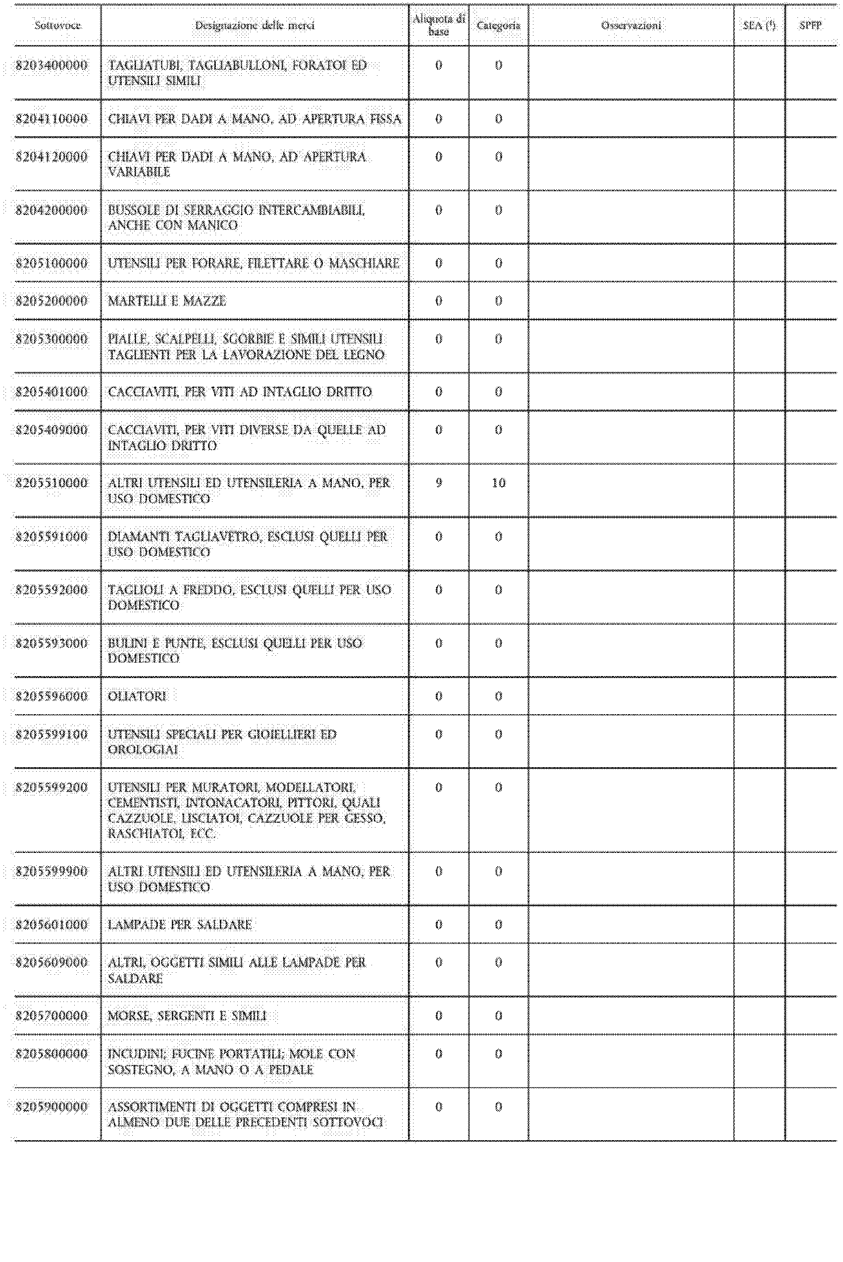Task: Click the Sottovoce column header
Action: pyautogui.click(x=57, y=25)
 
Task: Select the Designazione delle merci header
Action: pyautogui.click(x=254, y=25)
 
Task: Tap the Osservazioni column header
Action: pyautogui.click(x=631, y=25)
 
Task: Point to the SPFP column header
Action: pyautogui.click(x=810, y=25)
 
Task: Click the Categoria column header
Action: pyautogui.click(x=498, y=25)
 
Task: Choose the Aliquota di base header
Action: pyautogui.click(x=439, y=25)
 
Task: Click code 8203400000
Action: pyautogui.click(x=52, y=65)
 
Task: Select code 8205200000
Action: pyautogui.click(x=52, y=301)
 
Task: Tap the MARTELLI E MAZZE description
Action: pyautogui.click(x=167, y=301)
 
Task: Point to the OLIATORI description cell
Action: pyautogui.click(x=138, y=696)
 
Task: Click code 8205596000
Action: pyautogui.click(x=52, y=696)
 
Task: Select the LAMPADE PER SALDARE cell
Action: pyautogui.click(x=180, y=925)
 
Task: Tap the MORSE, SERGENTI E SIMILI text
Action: pyautogui.click(x=188, y=1016)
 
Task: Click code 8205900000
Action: pyautogui.click(x=52, y=1107)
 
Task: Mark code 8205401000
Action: pyautogui.click(x=52, y=392)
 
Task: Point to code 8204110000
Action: pyautogui.click(x=52, y=119)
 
